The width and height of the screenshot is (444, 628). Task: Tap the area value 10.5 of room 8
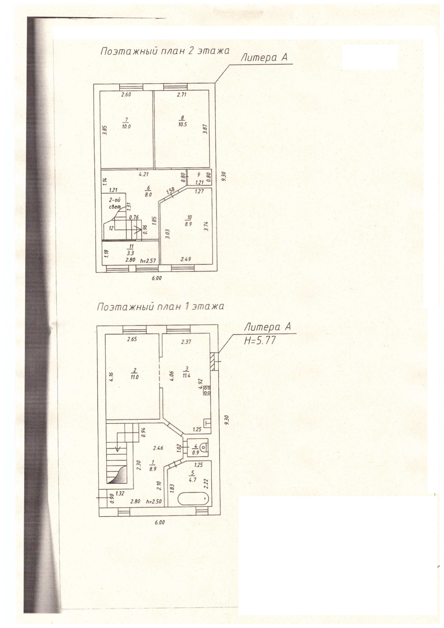point(182,123)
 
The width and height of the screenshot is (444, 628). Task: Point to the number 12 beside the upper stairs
point(111,228)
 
